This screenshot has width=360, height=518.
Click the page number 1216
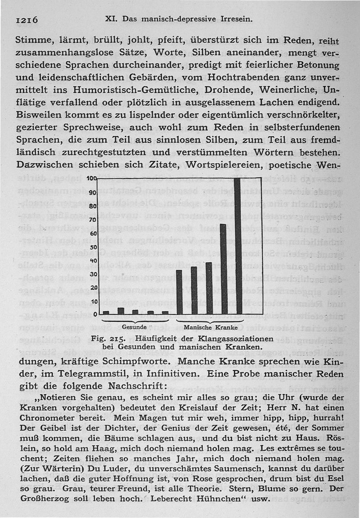pos(28,20)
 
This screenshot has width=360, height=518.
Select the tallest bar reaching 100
pos(237,246)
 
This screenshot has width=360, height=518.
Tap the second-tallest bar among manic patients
pos(223,268)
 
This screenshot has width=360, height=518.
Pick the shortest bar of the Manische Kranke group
pos(179,292)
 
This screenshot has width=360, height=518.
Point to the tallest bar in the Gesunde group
pos(121,311)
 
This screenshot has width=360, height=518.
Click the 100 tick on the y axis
pos(93,179)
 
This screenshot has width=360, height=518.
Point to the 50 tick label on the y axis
pos(94,247)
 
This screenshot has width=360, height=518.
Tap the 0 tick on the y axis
pos(95,314)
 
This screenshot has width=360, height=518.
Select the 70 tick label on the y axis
pos(94,220)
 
